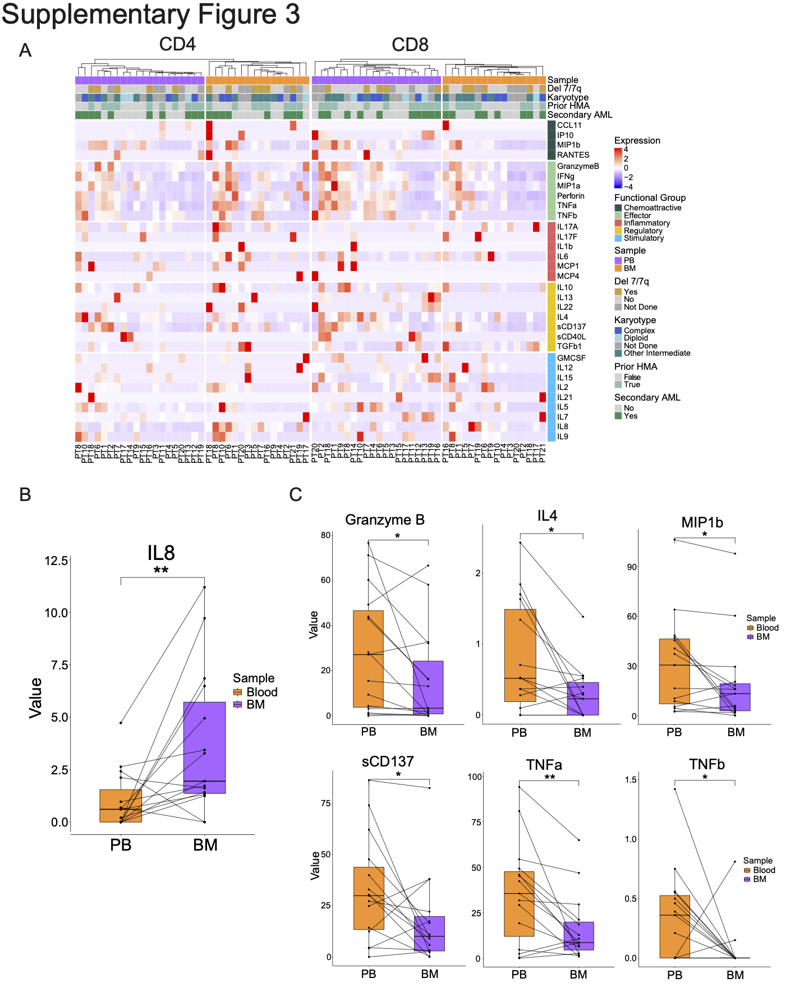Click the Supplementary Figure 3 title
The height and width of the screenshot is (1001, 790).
[x=150, y=15]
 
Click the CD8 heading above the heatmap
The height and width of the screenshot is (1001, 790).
[x=410, y=45]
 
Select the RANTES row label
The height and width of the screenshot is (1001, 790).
[x=573, y=155]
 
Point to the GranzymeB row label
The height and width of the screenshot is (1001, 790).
[x=577, y=166]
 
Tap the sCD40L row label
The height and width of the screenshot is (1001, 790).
[x=571, y=337]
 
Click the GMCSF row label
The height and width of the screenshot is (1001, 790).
[x=571, y=358]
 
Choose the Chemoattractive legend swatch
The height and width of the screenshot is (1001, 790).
[x=618, y=208]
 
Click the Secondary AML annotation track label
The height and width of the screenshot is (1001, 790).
[x=580, y=114]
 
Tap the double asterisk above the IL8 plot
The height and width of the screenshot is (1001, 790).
[x=161, y=571]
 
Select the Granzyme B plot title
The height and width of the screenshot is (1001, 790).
[x=385, y=520]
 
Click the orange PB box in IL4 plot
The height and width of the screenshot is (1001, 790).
[x=520, y=655]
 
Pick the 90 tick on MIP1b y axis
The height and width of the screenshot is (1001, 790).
[x=632, y=567]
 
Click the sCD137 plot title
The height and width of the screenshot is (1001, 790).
[x=388, y=761]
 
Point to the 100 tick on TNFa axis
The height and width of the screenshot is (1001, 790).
[x=475, y=777]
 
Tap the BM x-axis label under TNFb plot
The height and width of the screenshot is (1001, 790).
[x=735, y=975]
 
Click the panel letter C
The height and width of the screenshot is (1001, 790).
[x=295, y=494]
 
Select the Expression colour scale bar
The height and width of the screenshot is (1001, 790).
[x=618, y=168]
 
